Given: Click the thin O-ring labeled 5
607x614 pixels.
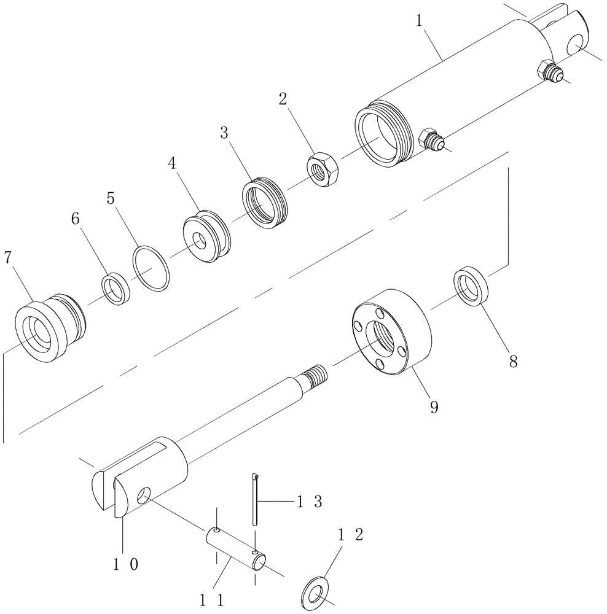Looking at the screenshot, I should (151, 268).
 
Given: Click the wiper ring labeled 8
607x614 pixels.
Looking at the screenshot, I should (472, 285).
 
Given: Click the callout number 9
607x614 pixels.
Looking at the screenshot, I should (434, 407).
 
